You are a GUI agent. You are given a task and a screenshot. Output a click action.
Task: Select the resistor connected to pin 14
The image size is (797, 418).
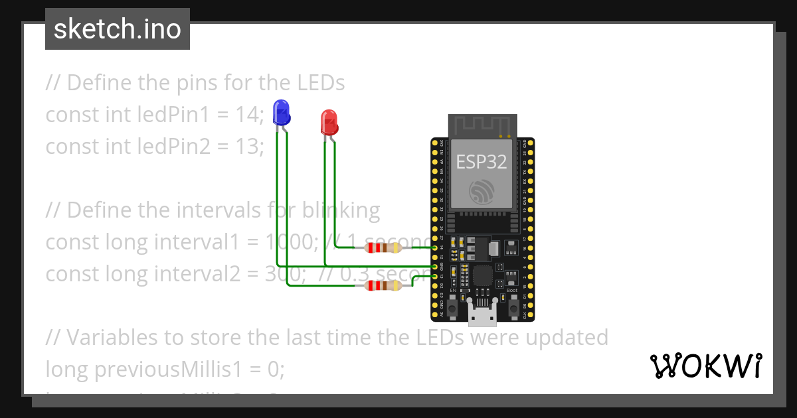(x=384, y=248)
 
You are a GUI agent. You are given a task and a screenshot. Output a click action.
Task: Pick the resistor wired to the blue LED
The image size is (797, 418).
(x=384, y=286)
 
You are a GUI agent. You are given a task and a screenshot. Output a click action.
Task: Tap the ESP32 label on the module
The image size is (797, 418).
(x=482, y=161)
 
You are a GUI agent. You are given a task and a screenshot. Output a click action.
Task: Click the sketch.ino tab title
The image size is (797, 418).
(x=118, y=29)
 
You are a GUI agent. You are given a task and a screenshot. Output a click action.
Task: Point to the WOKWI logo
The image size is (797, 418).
(x=705, y=366)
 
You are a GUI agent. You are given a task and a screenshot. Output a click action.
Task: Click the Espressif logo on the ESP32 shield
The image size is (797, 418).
(x=482, y=190)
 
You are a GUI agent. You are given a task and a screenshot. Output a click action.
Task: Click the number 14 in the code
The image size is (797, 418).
(x=247, y=115)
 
